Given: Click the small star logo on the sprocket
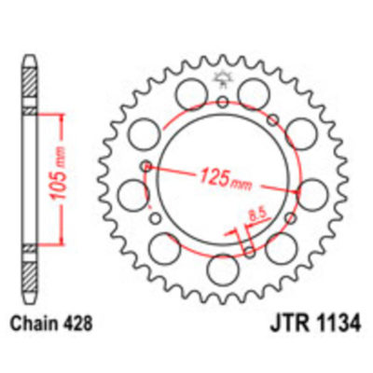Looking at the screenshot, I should click(x=224, y=80).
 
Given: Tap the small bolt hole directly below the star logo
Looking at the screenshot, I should click(x=224, y=102).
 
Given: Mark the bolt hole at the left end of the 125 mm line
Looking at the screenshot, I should click(x=145, y=167).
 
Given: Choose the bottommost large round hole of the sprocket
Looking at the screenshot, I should click(x=223, y=270).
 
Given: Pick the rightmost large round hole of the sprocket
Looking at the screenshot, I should click(x=313, y=194).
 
